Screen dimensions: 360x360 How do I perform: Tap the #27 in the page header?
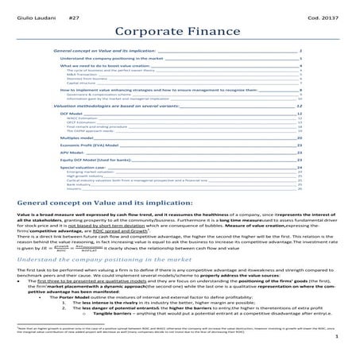pyautogui.click(x=75, y=16)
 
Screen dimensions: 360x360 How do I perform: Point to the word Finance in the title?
pyautogui.click(x=212, y=33)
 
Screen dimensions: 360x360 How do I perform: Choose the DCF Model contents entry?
pyautogui.click(x=72, y=114)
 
